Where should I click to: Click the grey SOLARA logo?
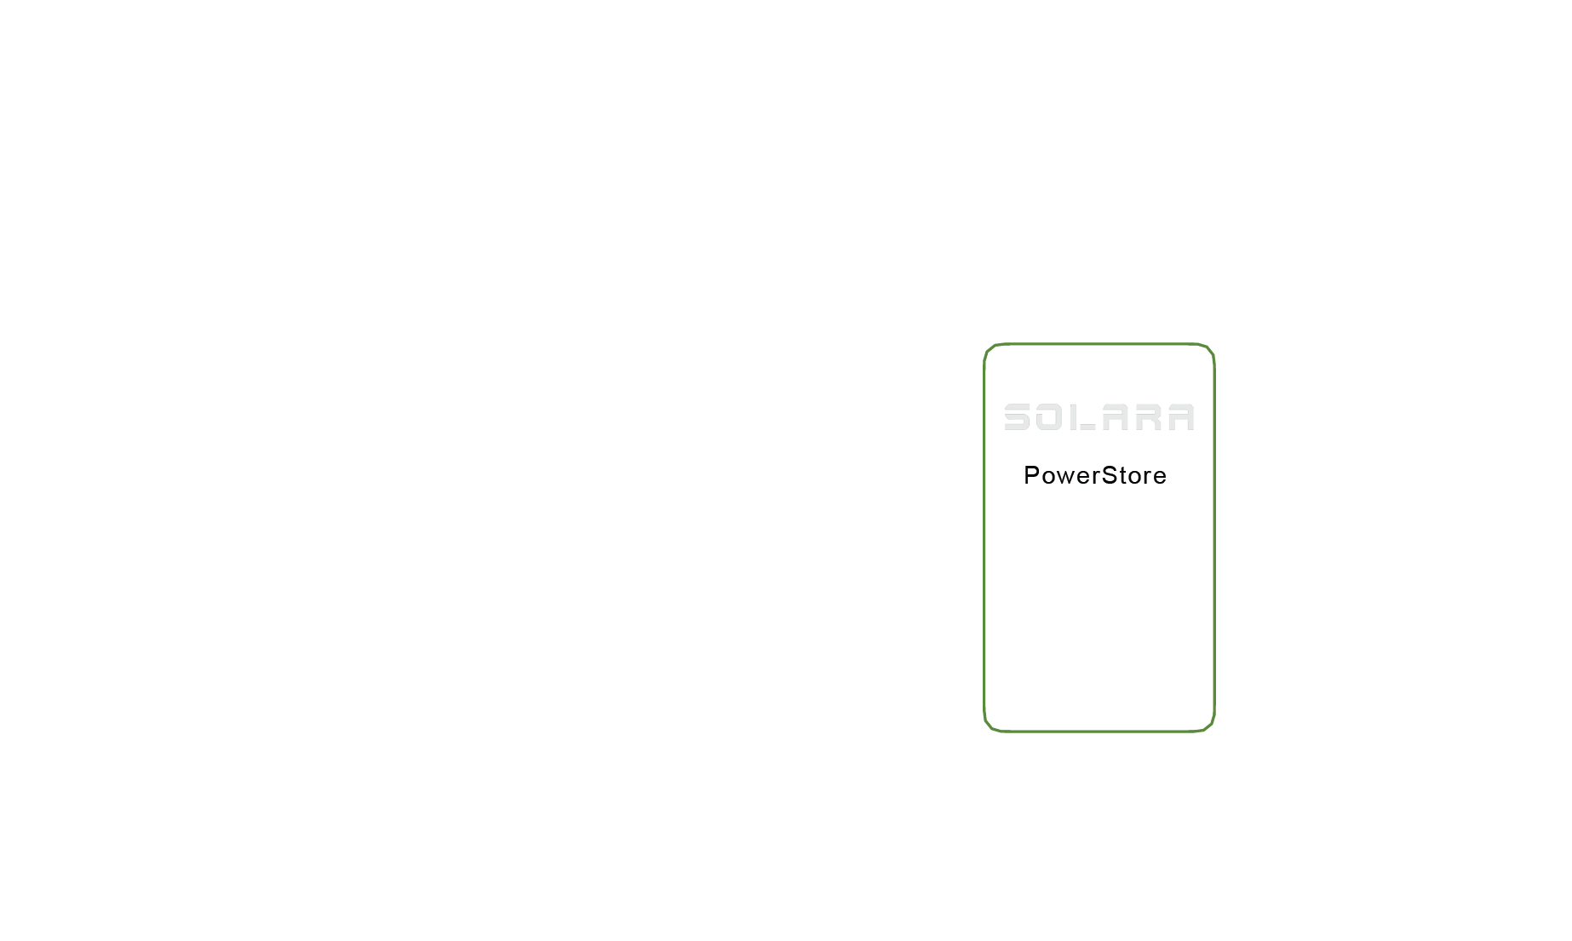click(1099, 417)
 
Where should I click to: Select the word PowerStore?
click(1095, 475)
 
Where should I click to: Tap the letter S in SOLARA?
click(1018, 417)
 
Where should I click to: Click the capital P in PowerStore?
click(1030, 475)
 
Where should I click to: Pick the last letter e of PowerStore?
click(1160, 477)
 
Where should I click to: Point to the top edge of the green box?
click(1099, 344)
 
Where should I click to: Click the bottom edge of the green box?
click(1099, 731)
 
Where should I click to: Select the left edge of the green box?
click(984, 536)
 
